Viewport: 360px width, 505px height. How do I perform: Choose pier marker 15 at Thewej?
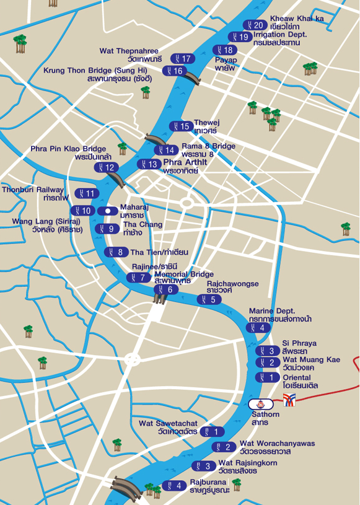pyautogui.click(x=182, y=126)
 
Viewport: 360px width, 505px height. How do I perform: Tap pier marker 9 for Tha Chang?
pyautogui.click(x=108, y=229)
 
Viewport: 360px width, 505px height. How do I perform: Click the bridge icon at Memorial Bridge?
pyautogui.click(x=160, y=300)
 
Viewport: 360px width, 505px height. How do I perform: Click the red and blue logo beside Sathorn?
pyautogui.click(x=289, y=400)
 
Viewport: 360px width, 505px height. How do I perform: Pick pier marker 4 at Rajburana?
pyautogui.click(x=174, y=485)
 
